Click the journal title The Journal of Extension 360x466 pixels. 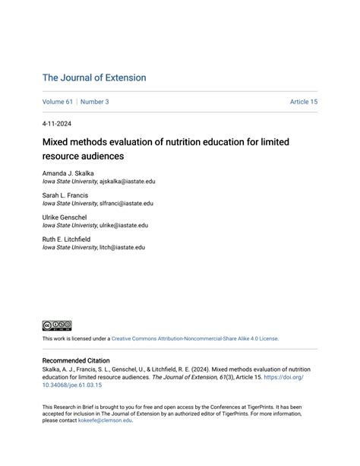click(94, 78)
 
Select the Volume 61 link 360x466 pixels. click(58, 102)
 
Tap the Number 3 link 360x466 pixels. click(95, 102)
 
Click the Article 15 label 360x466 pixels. click(303, 102)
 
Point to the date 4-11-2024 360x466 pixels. click(58, 123)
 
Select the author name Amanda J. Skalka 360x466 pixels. click(68, 173)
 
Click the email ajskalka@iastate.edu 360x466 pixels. click(127, 182)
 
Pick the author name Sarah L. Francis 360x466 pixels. click(65, 195)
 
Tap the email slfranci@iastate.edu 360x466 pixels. click(126, 204)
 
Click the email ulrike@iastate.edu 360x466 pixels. click(123, 226)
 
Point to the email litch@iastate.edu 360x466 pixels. click(122, 247)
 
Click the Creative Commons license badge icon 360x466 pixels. click(57, 325)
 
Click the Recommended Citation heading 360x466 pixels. click(76, 360)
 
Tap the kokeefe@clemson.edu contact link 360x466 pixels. click(105, 420)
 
